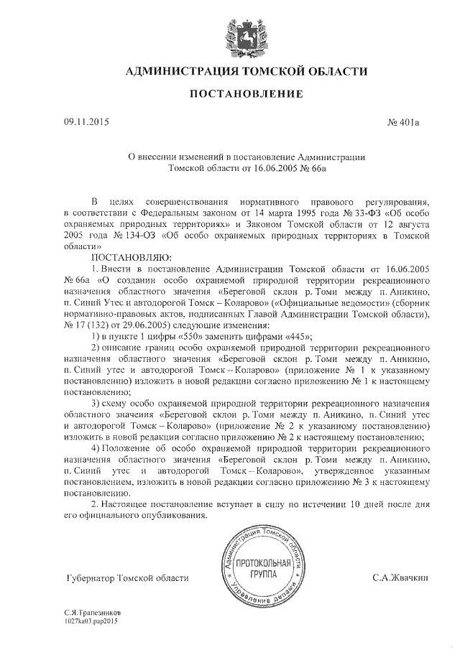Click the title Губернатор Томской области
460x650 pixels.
[x=126, y=577]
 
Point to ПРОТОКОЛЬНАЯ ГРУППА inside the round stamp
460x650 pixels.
[x=262, y=570]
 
